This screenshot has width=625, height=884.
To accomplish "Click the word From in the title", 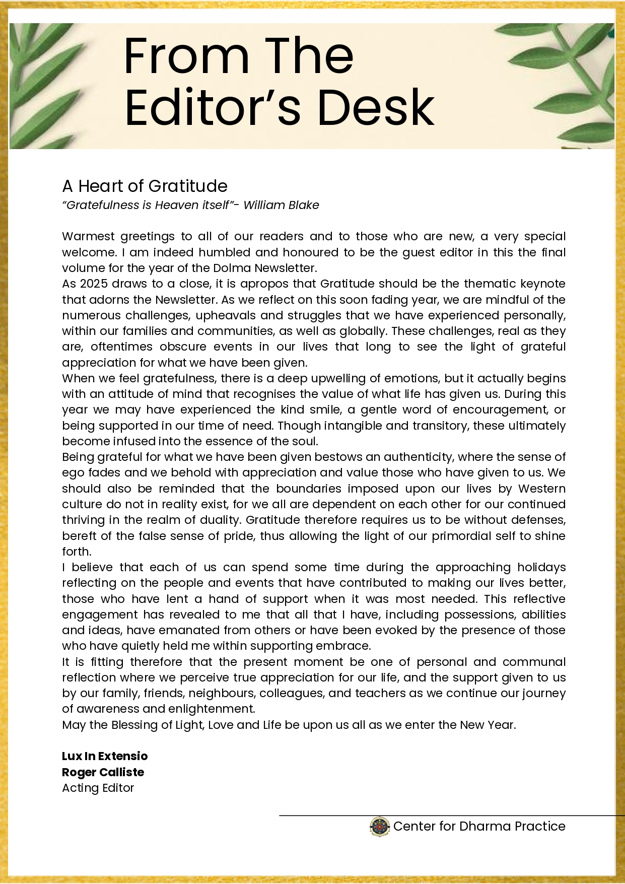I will pyautogui.click(x=186, y=56).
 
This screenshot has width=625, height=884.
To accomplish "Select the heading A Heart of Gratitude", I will pyautogui.click(x=145, y=186).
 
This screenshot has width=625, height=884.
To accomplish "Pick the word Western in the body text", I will pyautogui.click(x=541, y=489).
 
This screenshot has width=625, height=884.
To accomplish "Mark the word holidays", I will pyautogui.click(x=541, y=567).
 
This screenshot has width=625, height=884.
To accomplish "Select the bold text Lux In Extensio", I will pyautogui.click(x=105, y=756).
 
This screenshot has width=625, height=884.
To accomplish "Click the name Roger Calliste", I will pyautogui.click(x=103, y=772).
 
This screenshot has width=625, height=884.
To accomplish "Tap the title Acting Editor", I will pyautogui.click(x=98, y=788).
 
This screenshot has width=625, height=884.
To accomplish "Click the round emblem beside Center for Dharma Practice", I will pyautogui.click(x=380, y=827).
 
